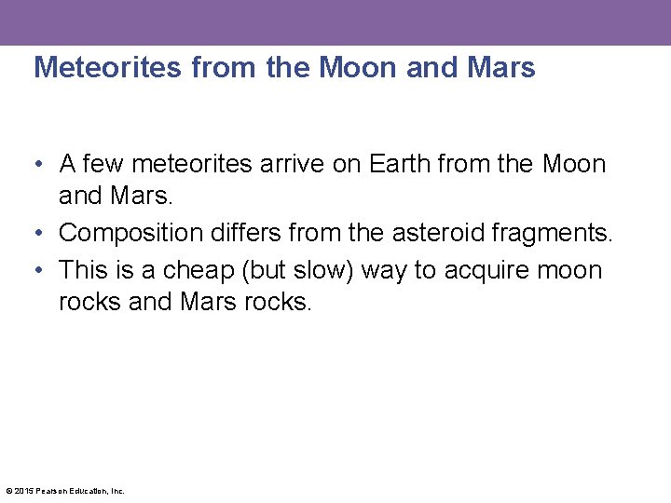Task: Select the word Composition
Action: click(128, 232)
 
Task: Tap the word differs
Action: click(245, 232)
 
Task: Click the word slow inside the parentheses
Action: click(323, 270)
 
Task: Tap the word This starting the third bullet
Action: click(83, 270)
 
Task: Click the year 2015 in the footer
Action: click(22, 491)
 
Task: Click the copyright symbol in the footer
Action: click(8, 491)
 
